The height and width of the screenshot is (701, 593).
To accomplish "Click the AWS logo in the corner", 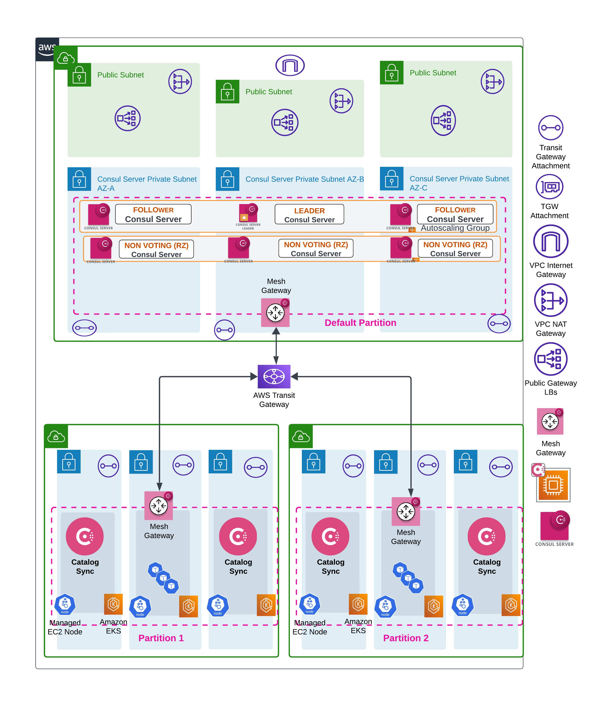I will pyautogui.click(x=47, y=49).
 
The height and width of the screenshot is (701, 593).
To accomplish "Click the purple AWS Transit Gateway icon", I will pyautogui.click(x=274, y=376).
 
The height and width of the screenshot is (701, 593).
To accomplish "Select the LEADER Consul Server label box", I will pyautogui.click(x=309, y=214).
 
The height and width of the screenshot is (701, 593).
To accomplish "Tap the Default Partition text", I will pyautogui.click(x=360, y=322).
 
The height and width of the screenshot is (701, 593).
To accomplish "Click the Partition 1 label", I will pyautogui.click(x=161, y=638).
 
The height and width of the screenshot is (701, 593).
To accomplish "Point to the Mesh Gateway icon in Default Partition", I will pyautogui.click(x=275, y=312).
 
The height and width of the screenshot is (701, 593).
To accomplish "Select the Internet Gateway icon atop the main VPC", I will pyautogui.click(x=290, y=65).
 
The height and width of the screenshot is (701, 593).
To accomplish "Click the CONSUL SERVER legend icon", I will pyautogui.click(x=554, y=526).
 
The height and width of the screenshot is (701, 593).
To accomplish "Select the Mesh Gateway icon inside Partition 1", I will pyautogui.click(x=159, y=505).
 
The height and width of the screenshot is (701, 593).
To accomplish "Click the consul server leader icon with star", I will pyautogui.click(x=248, y=213).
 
